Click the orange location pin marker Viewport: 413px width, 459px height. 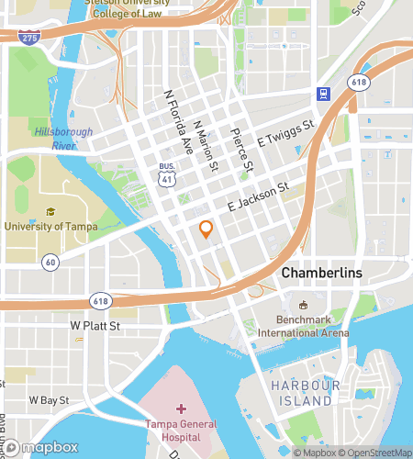click(206, 229)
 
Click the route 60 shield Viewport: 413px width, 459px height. click(49, 263)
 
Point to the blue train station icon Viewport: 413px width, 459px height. click(322, 94)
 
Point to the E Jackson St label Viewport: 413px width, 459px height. click(258, 196)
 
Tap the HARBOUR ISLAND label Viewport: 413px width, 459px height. click(301, 394)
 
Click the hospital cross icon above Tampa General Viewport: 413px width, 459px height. click(181, 407)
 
